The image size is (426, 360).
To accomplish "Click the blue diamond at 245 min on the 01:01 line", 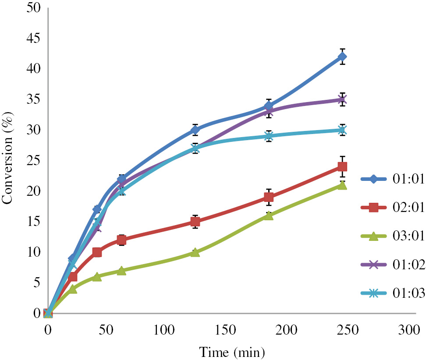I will click(342, 56).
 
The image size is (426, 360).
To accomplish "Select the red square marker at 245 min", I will click(342, 166).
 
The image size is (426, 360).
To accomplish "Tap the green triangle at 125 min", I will click(195, 252).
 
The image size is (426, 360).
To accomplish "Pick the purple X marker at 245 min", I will click(342, 99).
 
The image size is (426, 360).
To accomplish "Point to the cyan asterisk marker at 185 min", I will click(269, 136).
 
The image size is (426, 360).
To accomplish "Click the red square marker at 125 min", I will click(195, 222).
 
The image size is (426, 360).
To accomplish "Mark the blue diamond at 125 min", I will click(195, 130).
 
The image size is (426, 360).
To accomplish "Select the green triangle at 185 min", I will click(269, 215).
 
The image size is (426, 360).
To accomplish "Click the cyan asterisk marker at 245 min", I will click(342, 130).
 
